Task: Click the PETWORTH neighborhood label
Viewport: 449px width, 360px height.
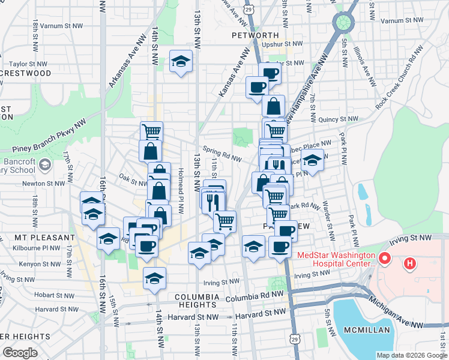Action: (x=255, y=35)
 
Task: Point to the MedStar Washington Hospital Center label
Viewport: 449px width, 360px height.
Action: (x=336, y=259)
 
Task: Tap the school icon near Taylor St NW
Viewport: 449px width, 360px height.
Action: (x=181, y=61)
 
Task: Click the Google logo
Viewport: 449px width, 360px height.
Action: (x=20, y=353)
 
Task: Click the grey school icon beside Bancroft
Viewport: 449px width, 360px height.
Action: (x=44, y=164)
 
